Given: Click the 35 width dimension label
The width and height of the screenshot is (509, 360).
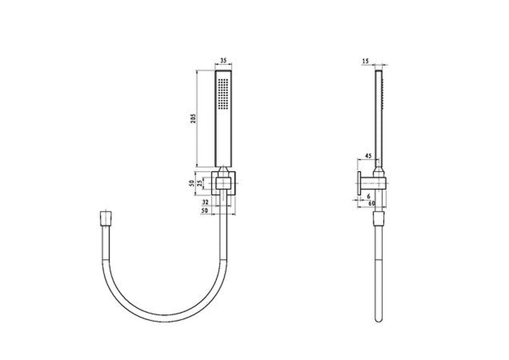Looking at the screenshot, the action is [x=224, y=60].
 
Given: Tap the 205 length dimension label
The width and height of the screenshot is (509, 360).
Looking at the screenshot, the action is [x=193, y=119].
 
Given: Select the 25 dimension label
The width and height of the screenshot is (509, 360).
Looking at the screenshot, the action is [x=199, y=183].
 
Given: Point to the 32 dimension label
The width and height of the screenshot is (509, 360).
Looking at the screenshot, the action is [x=205, y=202].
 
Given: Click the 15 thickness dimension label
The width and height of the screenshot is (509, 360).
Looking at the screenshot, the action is [x=366, y=61].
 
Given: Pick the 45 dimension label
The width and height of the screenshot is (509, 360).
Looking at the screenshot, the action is [x=368, y=156].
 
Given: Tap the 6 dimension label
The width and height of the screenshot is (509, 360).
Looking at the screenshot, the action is [x=369, y=196].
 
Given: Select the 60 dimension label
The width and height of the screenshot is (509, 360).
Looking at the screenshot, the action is [x=372, y=203].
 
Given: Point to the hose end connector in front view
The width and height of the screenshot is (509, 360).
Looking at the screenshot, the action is [x=106, y=218].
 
